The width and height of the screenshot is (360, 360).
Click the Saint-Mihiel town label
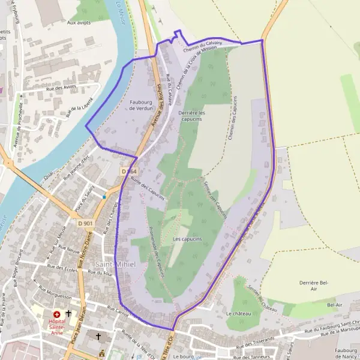click(x=116, y=265)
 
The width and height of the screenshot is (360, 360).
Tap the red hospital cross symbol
click(x=57, y=314)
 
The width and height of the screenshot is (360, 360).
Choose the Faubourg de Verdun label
click(x=142, y=104)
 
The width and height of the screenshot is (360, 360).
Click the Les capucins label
click(x=187, y=239)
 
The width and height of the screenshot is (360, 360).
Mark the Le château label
click(x=238, y=314)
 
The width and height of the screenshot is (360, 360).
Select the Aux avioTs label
click(x=79, y=23)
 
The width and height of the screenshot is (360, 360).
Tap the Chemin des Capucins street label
click(x=232, y=118)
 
